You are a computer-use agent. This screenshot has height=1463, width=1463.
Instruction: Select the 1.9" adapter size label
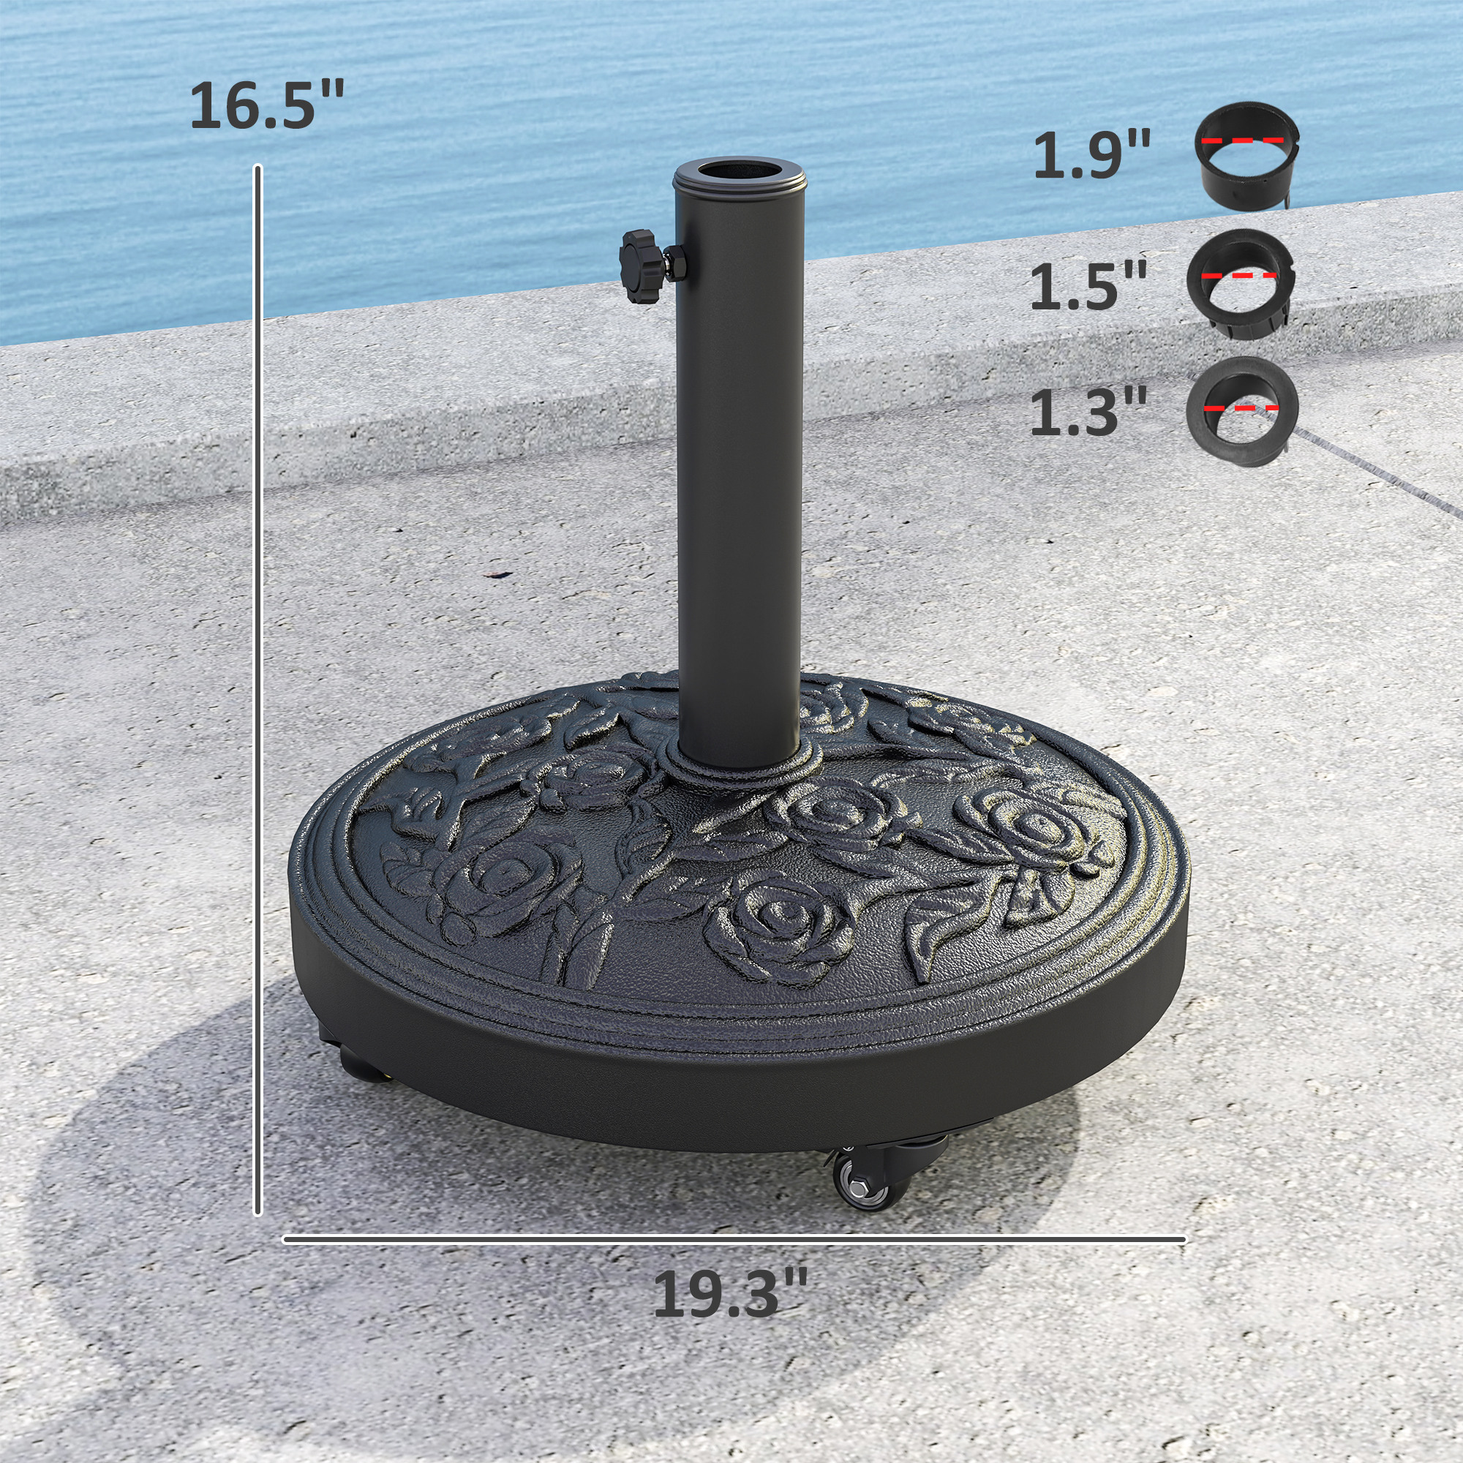1091,155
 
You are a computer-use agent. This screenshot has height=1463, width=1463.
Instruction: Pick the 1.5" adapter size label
1089,285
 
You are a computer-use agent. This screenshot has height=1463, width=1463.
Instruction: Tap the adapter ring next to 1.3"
1242,410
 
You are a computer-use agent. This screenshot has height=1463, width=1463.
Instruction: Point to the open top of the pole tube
738,172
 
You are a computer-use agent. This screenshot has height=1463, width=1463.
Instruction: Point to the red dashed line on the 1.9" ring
1243,141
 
